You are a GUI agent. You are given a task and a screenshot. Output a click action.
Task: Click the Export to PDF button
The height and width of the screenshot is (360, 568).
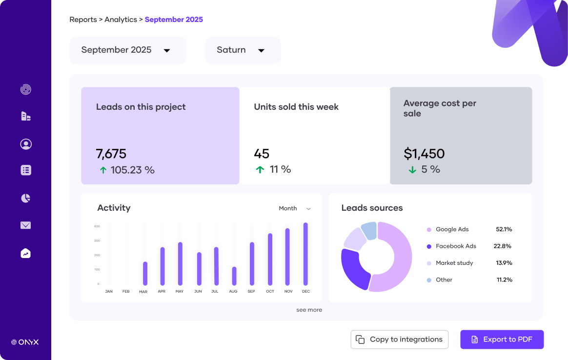coord(502,340)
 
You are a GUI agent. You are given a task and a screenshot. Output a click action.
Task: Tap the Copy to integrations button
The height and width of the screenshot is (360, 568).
coord(399,340)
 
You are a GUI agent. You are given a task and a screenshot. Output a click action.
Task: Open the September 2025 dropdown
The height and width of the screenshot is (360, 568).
coord(128,50)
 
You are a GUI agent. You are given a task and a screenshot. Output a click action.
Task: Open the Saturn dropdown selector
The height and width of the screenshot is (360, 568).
coord(243,50)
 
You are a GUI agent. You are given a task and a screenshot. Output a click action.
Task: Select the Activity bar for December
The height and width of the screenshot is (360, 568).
coord(305,254)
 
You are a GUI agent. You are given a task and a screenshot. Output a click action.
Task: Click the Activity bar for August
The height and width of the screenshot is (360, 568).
coord(234,276)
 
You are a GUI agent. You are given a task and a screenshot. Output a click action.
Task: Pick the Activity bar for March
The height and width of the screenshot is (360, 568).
coord(145,273)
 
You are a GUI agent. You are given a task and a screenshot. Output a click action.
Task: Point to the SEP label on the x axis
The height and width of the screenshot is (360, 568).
coord(252,291)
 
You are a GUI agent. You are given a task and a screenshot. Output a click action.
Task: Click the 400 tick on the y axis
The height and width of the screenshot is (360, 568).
coord(97,226)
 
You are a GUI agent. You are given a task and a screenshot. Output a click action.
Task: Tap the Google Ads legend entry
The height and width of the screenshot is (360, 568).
coord(452,229)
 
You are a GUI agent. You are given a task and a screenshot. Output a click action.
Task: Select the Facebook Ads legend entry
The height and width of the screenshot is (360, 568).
coord(456,246)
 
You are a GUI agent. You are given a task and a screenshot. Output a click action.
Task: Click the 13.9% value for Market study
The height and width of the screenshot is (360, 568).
coord(504,263)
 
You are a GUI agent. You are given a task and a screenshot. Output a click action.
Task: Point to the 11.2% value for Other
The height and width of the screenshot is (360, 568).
coord(504,280)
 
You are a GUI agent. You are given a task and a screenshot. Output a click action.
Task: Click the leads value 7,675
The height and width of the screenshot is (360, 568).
coord(111,154)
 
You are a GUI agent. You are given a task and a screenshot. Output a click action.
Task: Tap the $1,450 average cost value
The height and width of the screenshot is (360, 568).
coord(424,154)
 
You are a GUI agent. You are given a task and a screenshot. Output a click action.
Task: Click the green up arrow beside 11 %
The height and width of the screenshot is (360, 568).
coord(260,170)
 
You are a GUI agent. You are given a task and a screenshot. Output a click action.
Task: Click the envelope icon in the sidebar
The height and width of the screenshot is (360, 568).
coord(26,225)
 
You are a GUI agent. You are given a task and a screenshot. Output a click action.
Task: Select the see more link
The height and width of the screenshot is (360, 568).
coord(309,310)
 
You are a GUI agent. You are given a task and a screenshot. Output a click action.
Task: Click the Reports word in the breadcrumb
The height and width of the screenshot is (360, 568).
coord(83,20)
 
